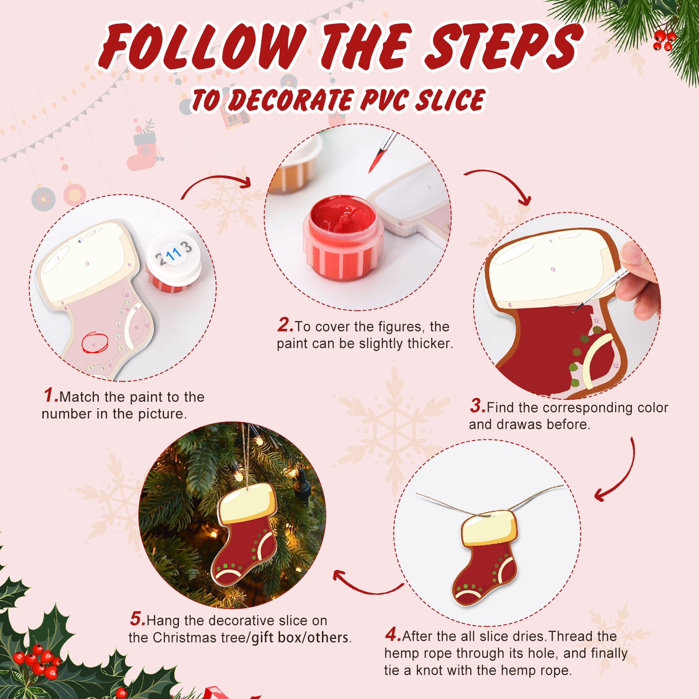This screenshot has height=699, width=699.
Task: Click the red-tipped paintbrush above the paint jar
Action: click(x=382, y=152)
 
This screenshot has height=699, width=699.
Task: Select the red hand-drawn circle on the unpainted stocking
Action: click(x=95, y=342)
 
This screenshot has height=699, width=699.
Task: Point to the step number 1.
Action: click(x=50, y=395)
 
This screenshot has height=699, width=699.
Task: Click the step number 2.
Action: click(x=285, y=325)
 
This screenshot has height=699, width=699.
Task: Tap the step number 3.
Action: click(x=477, y=406)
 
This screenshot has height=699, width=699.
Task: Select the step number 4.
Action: click(x=392, y=634)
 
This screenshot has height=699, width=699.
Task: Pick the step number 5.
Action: click(x=137, y=619)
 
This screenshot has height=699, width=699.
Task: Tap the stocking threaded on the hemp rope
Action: click(x=486, y=556)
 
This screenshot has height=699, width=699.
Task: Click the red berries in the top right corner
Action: click(x=664, y=40)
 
